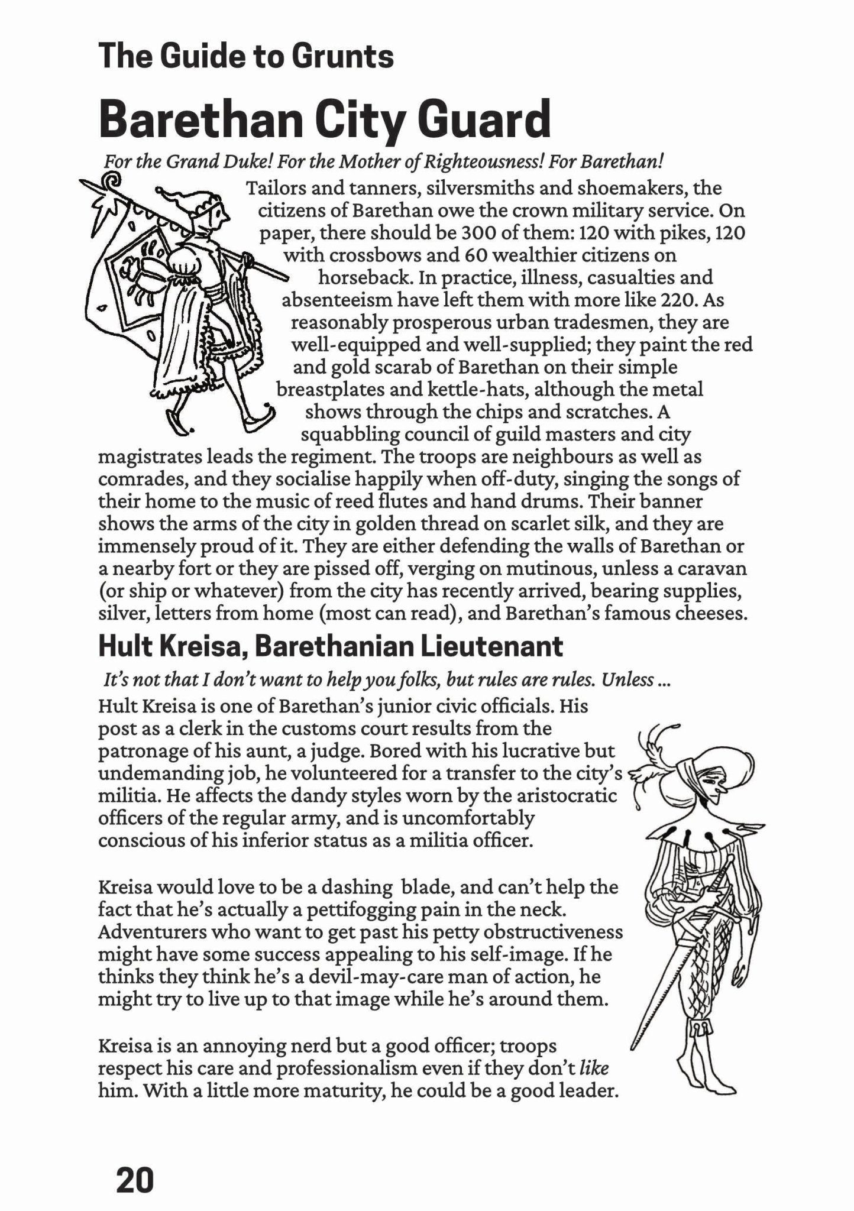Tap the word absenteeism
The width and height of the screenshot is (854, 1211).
pyautogui.click(x=337, y=300)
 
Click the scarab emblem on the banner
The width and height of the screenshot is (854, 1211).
pyautogui.click(x=142, y=272)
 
